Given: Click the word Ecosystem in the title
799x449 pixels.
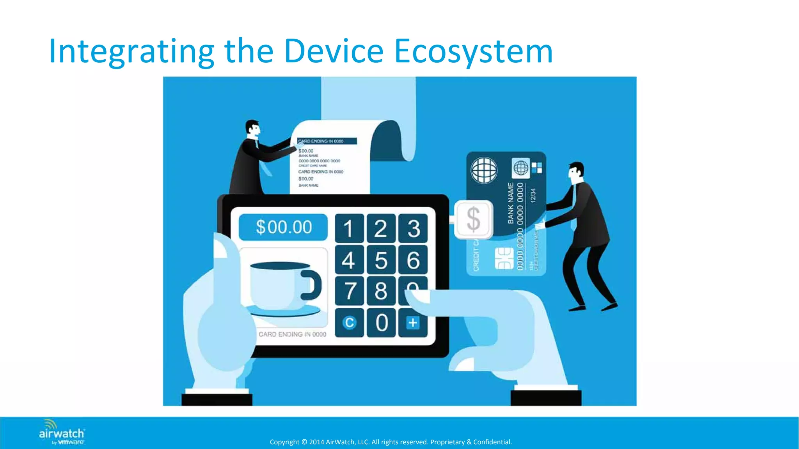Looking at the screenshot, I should tap(473, 51).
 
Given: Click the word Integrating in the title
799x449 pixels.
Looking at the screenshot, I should tap(131, 51).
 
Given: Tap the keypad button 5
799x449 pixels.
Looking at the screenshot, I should tap(381, 260).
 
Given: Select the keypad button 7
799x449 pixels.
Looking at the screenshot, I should tap(349, 291).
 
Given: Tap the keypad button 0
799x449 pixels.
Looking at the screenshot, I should tap(381, 323).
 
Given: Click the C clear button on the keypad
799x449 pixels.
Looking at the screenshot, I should tap(349, 323).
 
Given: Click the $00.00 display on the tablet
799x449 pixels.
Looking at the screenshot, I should tap(284, 227).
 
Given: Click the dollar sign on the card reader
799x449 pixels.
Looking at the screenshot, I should tap(473, 219).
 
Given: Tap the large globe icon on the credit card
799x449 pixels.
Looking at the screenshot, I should tap(484, 170).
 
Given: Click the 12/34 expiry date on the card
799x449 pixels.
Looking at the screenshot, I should tap(533, 195).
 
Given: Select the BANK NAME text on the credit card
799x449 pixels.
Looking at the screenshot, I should tap(511, 203).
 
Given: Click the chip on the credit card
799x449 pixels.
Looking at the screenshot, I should tap(504, 258).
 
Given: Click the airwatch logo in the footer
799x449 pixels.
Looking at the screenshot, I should tap(62, 433).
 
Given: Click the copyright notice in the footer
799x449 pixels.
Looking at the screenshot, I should tap(391, 442).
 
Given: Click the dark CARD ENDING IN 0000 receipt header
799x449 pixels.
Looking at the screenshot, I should tap(327, 141).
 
